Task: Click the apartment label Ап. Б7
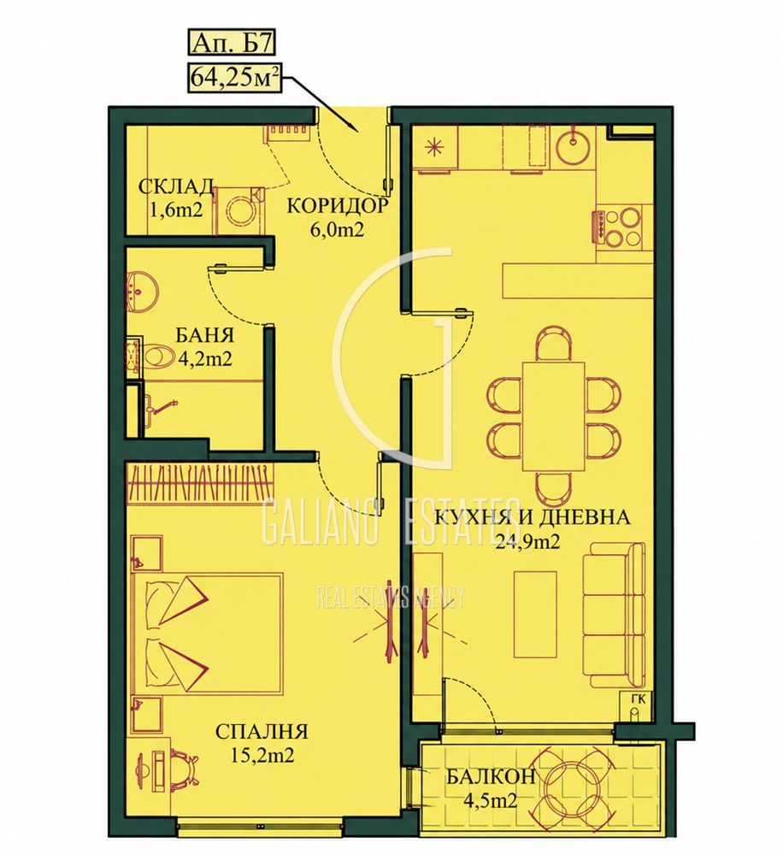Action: pos(231,43)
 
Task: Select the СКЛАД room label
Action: pos(175,186)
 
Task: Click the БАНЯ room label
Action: pos(205,335)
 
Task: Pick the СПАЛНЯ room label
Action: pos(262,731)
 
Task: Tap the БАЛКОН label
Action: pos(491,776)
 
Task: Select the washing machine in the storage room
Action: pos(238,210)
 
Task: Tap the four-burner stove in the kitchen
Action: pos(620,228)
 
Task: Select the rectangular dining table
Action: pos(553,416)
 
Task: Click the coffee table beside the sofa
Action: pos(535,615)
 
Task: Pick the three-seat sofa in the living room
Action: pos(614,615)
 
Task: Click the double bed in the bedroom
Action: pos(207,634)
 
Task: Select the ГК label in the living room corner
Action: pos(638,699)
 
